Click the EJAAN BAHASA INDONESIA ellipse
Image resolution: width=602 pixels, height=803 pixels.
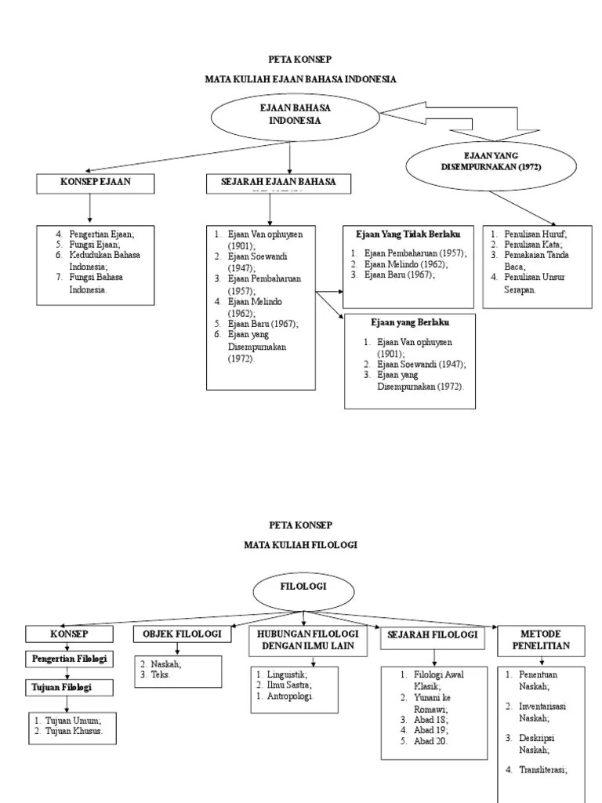[x=289, y=115]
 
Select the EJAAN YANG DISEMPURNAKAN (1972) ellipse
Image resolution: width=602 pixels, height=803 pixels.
[x=481, y=162]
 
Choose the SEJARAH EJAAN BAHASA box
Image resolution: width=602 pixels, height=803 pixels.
[x=279, y=183]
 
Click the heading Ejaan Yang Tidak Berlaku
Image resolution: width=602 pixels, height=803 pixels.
[x=408, y=234]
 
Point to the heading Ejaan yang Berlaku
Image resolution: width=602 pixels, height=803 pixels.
[x=410, y=322]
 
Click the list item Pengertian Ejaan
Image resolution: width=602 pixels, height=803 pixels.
[x=101, y=234]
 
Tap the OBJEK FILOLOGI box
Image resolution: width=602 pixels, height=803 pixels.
[x=182, y=634]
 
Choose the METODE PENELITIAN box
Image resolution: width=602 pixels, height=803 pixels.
[x=540, y=640]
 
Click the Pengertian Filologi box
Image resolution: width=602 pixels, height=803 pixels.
[x=70, y=658]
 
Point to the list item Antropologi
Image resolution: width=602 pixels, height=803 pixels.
[x=292, y=696]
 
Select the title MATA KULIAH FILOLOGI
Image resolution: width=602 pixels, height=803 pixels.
[x=300, y=546]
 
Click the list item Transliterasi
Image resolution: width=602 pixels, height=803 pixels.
[x=542, y=770]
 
